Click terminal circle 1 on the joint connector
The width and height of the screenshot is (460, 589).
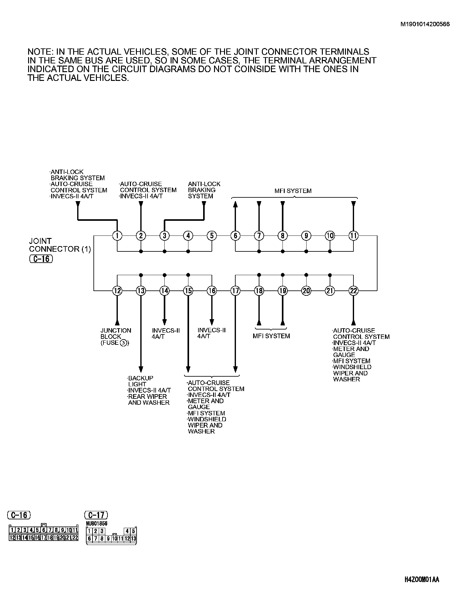[117, 235]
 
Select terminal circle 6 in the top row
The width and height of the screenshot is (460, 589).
[235, 235]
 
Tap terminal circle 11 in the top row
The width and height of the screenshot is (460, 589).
[353, 235]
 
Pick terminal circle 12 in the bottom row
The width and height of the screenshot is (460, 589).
[117, 291]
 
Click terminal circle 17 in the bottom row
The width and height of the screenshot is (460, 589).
[235, 291]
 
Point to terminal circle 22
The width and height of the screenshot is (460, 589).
[353, 291]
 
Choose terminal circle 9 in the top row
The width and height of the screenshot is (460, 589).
[306, 235]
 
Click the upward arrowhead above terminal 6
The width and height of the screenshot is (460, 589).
[235, 204]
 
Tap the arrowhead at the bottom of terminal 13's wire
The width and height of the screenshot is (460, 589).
[141, 369]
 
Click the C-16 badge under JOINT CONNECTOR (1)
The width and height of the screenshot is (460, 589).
[41, 259]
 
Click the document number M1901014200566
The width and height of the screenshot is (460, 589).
[425, 24]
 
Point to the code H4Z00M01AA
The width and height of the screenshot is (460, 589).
[422, 580]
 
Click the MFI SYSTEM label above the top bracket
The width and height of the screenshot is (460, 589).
[293, 191]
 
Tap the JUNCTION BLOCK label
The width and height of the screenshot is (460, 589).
[115, 334]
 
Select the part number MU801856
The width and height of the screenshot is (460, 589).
[97, 523]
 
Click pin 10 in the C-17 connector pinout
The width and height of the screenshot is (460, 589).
[115, 538]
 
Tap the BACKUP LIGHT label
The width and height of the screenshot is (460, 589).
[140, 381]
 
